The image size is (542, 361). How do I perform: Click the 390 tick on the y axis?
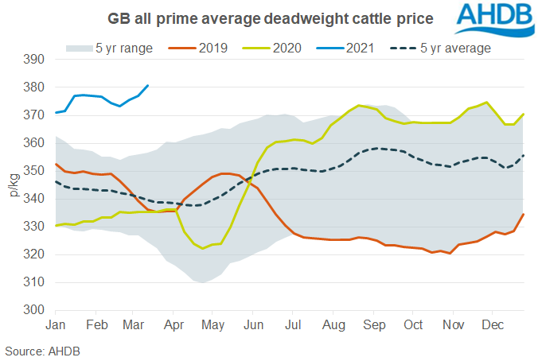34,60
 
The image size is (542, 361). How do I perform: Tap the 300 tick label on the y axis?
34,310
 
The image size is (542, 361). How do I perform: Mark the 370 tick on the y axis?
34,115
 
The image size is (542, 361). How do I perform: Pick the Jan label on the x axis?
56,325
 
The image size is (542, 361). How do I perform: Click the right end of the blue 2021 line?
148,85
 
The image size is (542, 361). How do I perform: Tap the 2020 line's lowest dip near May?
202,248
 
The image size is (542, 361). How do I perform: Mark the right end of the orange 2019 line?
523,214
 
